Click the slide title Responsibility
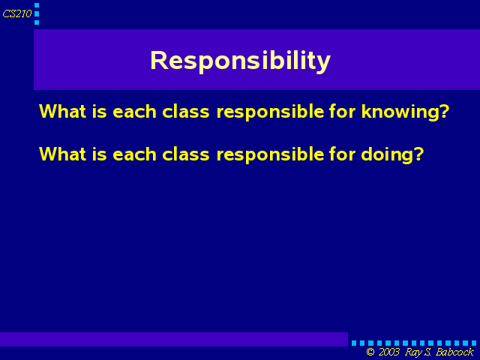pos(240,61)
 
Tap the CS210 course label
pos(17,13)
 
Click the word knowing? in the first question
pos(405,112)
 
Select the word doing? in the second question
pos(392,154)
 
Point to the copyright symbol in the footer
pos(370,352)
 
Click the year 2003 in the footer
pos(389,352)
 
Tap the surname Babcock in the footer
pos(455,352)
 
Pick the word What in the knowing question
pos(63,111)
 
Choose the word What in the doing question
pos(63,154)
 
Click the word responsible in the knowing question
pos(270,112)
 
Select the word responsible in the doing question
pos(270,154)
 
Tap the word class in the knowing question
pos(186,111)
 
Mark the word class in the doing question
pos(186,154)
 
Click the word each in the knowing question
pos(135,111)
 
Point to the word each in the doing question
pos(135,154)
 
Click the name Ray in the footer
pos(413,352)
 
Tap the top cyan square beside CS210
pos(37,5)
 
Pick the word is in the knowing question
pos(100,111)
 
